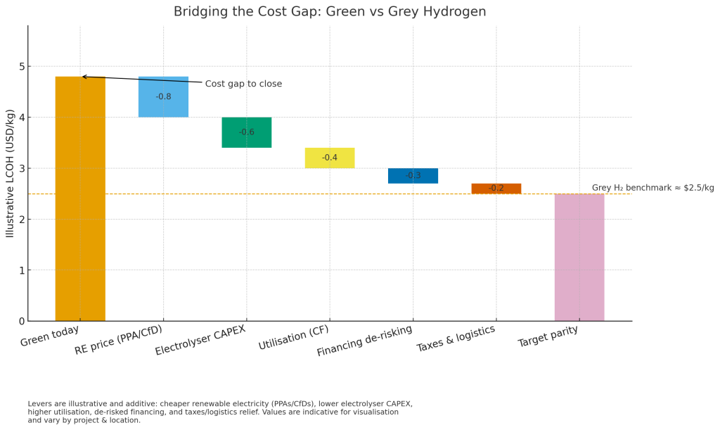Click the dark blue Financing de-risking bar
(413, 175)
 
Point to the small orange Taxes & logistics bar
(496, 188)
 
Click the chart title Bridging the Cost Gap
(330, 12)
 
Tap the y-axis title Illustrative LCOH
(11, 173)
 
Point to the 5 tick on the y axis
(21, 67)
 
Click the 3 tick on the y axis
(21, 168)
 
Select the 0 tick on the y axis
(21, 321)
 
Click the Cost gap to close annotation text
(243, 84)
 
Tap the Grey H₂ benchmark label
(652, 188)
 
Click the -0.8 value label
(163, 96)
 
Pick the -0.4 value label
(330, 158)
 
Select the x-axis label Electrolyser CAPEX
(200, 340)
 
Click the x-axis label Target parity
(548, 336)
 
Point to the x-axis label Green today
(49, 336)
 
